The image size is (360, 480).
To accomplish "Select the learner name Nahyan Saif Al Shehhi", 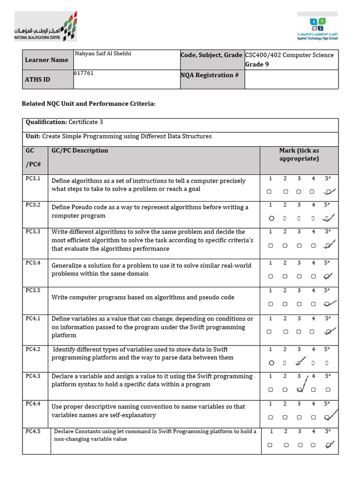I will click(x=103, y=54).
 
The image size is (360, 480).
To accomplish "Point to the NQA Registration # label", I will click(x=207, y=75).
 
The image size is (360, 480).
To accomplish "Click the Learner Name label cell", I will click(x=47, y=60).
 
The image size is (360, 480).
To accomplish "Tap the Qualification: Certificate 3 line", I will click(x=64, y=122).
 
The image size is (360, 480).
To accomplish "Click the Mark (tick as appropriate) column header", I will click(x=299, y=154).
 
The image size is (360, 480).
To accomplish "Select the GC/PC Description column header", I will click(x=80, y=150).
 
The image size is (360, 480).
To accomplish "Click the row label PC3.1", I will click(x=33, y=179).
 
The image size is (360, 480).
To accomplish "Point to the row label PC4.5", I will click(x=33, y=431).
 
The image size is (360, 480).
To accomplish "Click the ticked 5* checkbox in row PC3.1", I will click(x=328, y=192).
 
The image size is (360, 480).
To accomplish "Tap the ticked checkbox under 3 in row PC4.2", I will click(x=299, y=362).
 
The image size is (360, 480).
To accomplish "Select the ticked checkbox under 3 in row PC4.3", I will click(x=299, y=390).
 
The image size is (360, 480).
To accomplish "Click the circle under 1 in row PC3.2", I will click(x=270, y=218).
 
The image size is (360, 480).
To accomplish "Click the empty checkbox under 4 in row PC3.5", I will click(x=313, y=304).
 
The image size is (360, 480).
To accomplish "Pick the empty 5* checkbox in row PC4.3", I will click(x=328, y=390).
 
